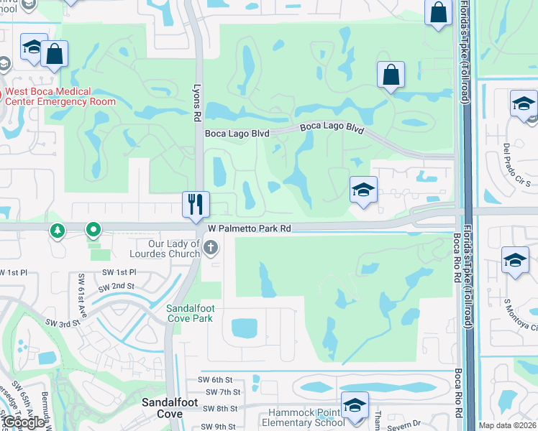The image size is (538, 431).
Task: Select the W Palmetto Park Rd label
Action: [249, 228]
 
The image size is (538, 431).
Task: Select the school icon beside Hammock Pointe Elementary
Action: [355, 405]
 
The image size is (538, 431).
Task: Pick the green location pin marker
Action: [94, 231]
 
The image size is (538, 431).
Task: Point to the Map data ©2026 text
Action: [507, 425]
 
